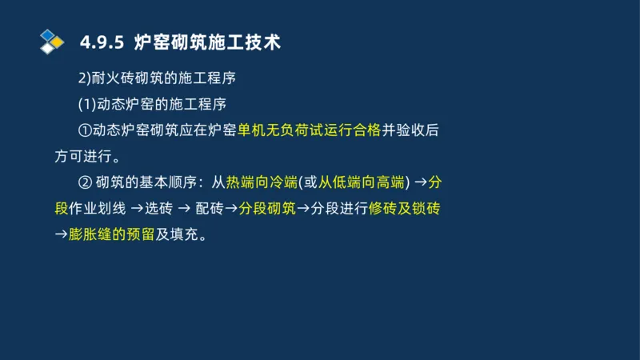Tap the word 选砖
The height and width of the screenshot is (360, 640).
pos(162,209)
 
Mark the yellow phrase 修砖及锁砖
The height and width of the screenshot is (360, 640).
pos(404,209)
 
